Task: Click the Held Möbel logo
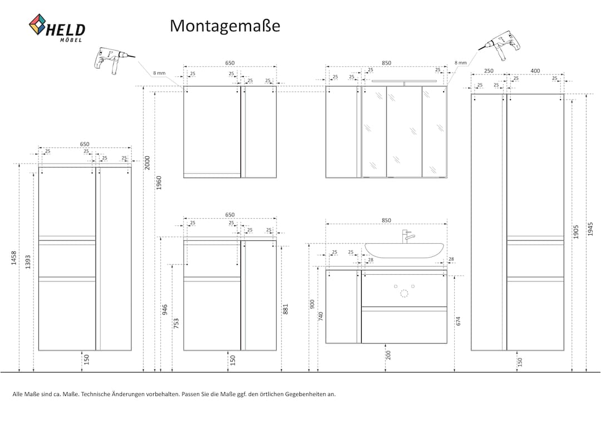pos(57,28)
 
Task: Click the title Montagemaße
pos(225,26)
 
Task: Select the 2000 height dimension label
pos(147,163)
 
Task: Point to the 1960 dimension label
pos(159,183)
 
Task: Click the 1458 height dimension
pos(14,258)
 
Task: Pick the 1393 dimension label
pos(28,262)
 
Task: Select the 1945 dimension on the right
pos(590,229)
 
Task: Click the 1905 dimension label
pos(576,232)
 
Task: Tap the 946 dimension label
pos(165,310)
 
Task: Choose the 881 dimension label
pos(285,309)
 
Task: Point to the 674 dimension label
pos(459,321)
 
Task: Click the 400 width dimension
pos(535,71)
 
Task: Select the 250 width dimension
pos(489,71)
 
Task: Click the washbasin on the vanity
pos(404,250)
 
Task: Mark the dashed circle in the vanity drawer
pos(404,294)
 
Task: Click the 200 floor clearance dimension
pos(388,355)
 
